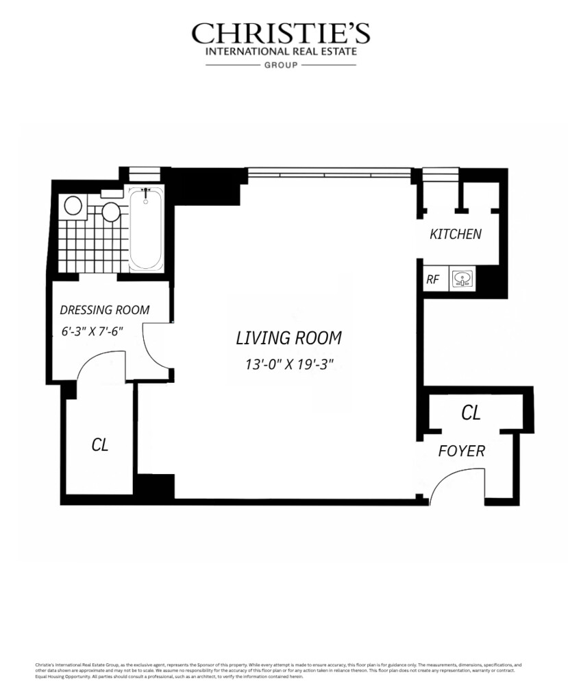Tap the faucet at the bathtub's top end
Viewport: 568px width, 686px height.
(145, 193)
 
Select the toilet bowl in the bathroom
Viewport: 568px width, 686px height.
(73, 205)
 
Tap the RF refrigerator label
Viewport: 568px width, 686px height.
(433, 279)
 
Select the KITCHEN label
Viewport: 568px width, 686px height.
(455, 234)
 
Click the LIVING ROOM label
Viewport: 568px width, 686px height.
(288, 338)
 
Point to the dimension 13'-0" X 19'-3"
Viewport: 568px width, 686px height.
(288, 364)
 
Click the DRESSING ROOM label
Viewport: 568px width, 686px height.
(104, 310)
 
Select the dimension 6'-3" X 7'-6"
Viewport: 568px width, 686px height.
(91, 331)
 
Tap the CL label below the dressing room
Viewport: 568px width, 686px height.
(100, 445)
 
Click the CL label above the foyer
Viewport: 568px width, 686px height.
(471, 412)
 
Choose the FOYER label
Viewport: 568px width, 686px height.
(462, 451)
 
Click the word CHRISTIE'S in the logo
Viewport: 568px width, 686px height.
(281, 34)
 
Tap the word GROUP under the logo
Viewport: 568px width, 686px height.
(281, 65)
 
